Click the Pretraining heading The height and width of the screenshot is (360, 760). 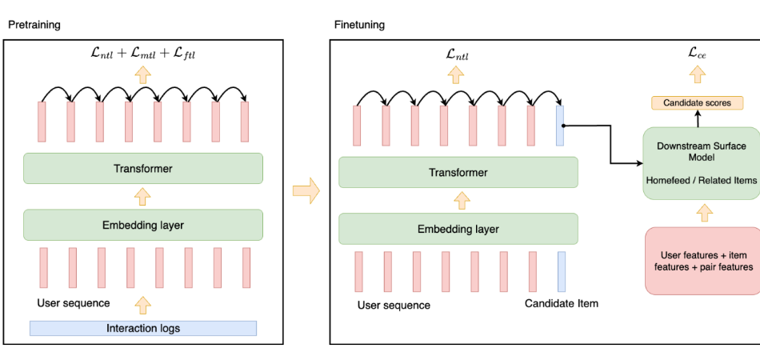(34, 25)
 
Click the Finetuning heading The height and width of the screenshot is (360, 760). (359, 25)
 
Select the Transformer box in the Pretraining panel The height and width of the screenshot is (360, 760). (143, 169)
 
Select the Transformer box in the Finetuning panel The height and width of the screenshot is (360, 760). (458, 172)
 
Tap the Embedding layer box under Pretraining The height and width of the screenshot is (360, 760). (143, 225)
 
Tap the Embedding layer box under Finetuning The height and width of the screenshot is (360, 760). (458, 229)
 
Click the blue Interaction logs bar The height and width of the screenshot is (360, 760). (143, 328)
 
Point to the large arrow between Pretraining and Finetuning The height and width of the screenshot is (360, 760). (306, 190)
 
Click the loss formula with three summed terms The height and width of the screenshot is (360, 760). (142, 54)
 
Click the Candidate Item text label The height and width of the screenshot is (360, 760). (561, 304)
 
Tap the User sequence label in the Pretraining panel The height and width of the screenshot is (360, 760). (73, 304)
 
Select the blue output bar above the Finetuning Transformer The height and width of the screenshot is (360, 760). (562, 126)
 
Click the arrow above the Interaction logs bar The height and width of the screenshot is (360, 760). (142, 305)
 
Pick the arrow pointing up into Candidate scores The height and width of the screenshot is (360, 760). (696, 118)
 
